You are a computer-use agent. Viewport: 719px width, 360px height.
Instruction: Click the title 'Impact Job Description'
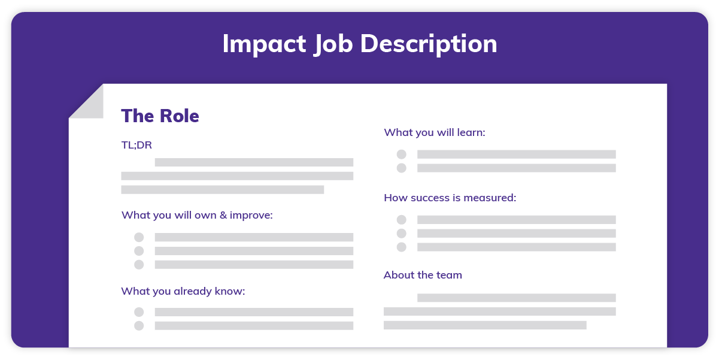click(x=359, y=44)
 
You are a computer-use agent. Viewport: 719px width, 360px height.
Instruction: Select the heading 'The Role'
click(x=160, y=116)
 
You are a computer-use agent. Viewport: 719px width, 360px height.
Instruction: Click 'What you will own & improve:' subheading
click(x=197, y=214)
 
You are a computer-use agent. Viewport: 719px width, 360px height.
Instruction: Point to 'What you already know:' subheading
click(x=183, y=291)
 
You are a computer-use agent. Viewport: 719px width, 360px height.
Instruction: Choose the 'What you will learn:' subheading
click(x=434, y=132)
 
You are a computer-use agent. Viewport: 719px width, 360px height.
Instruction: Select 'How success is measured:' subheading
click(x=450, y=197)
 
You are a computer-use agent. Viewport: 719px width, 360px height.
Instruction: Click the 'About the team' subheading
click(x=423, y=275)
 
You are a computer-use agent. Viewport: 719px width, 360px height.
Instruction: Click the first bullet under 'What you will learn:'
click(x=401, y=155)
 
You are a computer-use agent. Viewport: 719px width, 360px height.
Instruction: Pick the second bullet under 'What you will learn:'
click(x=401, y=168)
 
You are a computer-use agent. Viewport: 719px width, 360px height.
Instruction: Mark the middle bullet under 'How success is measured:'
click(x=401, y=234)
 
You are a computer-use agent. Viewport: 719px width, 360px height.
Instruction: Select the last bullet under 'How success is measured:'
click(x=401, y=247)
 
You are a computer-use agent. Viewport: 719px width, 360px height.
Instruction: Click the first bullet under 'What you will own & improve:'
click(x=139, y=237)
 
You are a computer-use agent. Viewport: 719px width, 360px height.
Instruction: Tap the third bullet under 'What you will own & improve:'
click(x=139, y=265)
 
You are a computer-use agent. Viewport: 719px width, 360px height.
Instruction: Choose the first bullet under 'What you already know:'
click(x=139, y=312)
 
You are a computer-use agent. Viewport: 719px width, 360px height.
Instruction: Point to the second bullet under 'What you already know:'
click(x=139, y=326)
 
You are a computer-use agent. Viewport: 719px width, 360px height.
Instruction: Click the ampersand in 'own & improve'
click(x=223, y=214)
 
